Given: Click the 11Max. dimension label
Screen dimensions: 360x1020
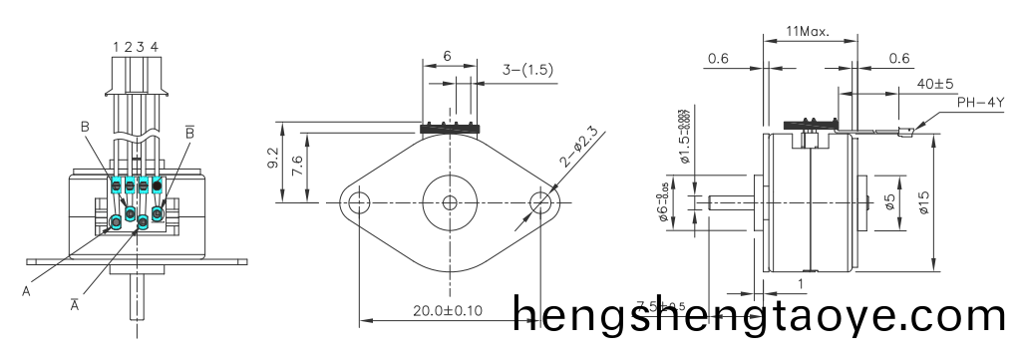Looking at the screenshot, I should coord(809,32).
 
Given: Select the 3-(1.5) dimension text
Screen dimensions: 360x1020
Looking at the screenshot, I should coord(524,70).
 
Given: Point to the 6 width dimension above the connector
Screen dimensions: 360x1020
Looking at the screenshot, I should coord(447,57).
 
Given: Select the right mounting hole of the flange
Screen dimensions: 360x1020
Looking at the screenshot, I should coord(543,202).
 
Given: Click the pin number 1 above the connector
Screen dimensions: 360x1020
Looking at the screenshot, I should coord(117,46).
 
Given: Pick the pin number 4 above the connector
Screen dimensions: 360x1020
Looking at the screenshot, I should coord(154,46).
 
